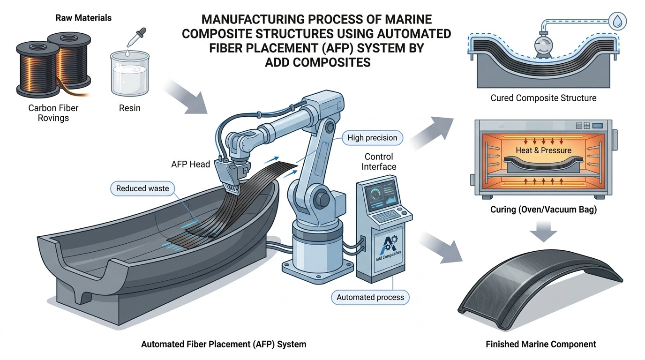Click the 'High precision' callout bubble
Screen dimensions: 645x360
pyautogui.click(x=372, y=138)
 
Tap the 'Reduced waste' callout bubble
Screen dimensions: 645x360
pyautogui.click(x=142, y=188)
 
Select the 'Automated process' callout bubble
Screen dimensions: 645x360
pyautogui.click(x=370, y=297)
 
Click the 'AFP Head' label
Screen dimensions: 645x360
pyautogui.click(x=190, y=164)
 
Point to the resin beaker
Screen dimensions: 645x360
pyautogui.click(x=130, y=74)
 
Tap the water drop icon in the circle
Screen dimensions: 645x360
pyautogui.click(x=617, y=21)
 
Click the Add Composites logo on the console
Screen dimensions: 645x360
pyautogui.click(x=388, y=247)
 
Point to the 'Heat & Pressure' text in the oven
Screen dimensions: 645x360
pyautogui.click(x=543, y=150)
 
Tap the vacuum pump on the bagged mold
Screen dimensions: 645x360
pyautogui.click(x=543, y=45)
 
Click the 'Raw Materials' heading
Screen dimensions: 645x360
pyautogui.click(x=83, y=18)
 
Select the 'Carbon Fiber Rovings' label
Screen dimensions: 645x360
pyautogui.click(x=53, y=113)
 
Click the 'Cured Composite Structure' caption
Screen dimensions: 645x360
pyautogui.click(x=543, y=98)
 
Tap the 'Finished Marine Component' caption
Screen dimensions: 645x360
pyautogui.click(x=541, y=344)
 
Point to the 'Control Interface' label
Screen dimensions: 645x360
pyautogui.click(x=379, y=162)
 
